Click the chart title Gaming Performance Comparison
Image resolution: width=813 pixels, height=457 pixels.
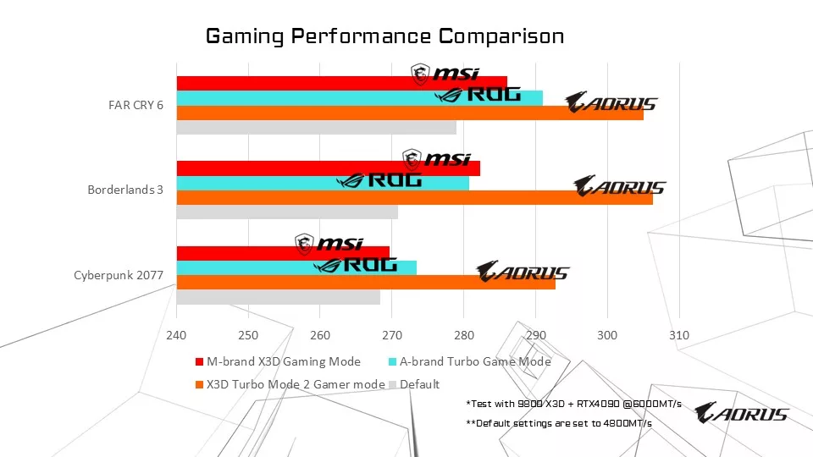(x=385, y=36)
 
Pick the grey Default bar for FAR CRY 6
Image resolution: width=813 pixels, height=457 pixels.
(x=316, y=128)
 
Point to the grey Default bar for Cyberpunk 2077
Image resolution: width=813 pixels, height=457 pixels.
(x=278, y=297)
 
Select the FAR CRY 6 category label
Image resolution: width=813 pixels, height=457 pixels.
(x=135, y=106)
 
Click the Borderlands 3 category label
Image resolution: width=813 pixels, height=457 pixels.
(x=125, y=190)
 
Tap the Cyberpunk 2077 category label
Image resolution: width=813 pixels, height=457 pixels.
(x=119, y=275)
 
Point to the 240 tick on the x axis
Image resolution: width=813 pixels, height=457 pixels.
(x=176, y=335)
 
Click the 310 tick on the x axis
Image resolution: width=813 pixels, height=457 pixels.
(x=679, y=335)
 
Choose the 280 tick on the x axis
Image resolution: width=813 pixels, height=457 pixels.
(x=464, y=335)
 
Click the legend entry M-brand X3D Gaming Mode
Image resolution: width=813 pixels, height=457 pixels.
(x=283, y=361)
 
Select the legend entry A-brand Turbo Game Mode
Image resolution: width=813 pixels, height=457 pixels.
(x=474, y=361)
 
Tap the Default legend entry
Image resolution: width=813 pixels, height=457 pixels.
(x=419, y=384)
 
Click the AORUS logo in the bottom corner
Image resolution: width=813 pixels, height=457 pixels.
(x=741, y=413)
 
